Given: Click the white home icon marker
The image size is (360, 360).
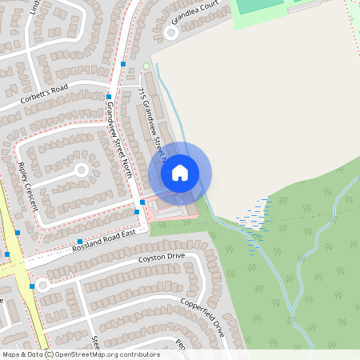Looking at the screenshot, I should (180, 173).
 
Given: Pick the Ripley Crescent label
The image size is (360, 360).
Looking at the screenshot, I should (27, 186).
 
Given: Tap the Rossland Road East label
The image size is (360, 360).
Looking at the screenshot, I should (106, 238).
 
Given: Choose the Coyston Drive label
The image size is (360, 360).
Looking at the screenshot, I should (161, 258).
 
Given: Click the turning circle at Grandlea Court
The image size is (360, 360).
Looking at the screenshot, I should (170, 32).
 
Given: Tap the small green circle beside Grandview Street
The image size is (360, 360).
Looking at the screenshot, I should (146, 66).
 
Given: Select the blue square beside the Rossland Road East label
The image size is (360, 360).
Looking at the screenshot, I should (80, 241).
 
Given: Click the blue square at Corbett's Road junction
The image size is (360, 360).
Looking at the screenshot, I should (109, 96).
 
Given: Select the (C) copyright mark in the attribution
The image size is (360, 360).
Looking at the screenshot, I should (50, 354).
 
